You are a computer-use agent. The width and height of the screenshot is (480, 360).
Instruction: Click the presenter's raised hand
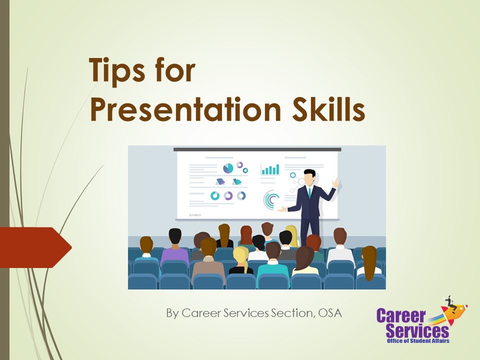click(x=336, y=183)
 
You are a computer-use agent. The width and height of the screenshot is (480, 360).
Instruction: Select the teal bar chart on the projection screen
click(x=270, y=169)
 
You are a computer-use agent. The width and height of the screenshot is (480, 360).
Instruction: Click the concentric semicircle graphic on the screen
click(x=272, y=200)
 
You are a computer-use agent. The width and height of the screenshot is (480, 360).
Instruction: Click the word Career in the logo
click(x=400, y=316)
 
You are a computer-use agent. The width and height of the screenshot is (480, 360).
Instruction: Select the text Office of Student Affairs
click(x=418, y=341)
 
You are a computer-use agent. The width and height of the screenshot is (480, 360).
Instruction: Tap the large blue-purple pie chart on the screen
click(x=228, y=168)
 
